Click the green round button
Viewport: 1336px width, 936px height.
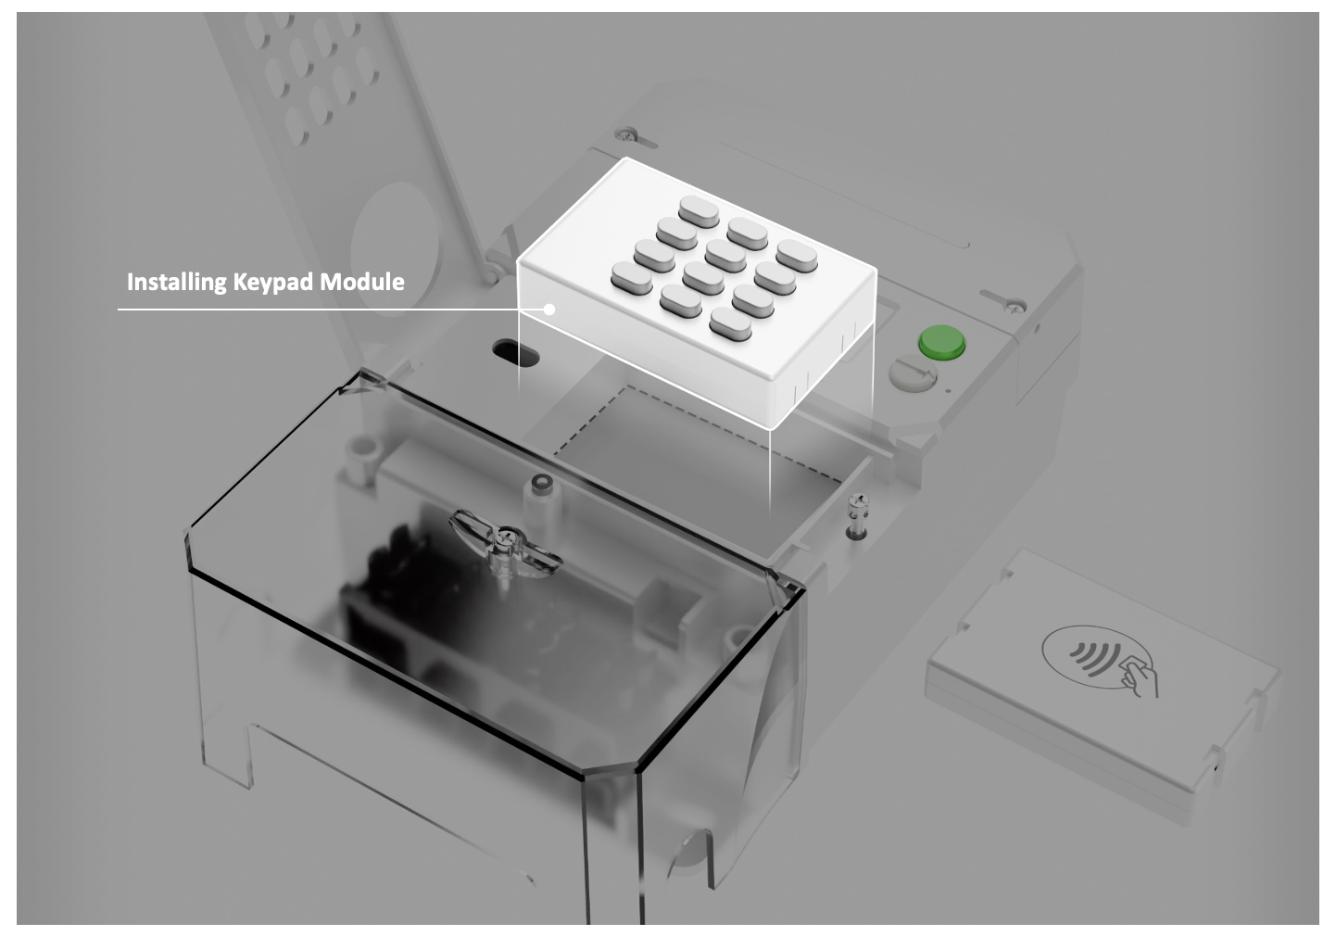point(941,342)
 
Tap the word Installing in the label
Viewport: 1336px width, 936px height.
point(177,282)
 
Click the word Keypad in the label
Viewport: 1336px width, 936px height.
point(273,283)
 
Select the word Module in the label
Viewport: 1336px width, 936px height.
point(362,282)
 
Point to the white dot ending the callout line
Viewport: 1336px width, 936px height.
point(549,309)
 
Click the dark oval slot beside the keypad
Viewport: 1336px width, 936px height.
point(515,352)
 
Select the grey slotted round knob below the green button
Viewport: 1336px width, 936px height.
point(913,373)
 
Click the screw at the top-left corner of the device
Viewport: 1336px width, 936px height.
point(626,134)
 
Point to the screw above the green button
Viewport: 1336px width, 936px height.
point(1014,308)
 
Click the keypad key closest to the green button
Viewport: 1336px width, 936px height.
point(797,257)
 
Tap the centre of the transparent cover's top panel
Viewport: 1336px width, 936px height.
point(495,572)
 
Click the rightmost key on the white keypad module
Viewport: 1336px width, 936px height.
point(797,257)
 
